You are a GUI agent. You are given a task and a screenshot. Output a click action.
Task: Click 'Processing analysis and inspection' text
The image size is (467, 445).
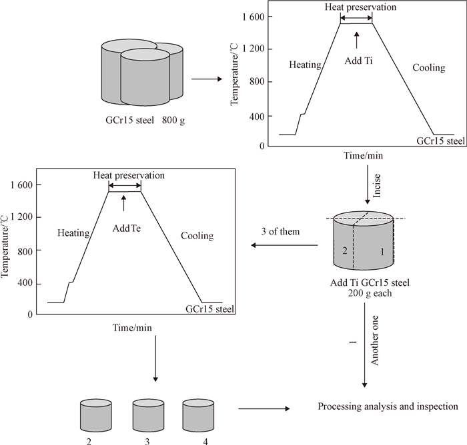coord(388,406)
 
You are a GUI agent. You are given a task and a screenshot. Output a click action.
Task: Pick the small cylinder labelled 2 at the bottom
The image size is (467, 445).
coord(96,414)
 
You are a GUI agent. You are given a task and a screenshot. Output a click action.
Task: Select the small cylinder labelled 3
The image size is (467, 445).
coord(148,414)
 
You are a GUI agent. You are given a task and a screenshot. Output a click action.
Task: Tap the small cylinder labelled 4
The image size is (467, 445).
coord(199,414)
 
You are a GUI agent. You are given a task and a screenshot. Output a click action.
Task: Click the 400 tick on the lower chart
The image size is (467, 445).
coord(31,284)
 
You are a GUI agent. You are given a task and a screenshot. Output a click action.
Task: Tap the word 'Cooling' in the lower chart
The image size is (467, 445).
coord(197,236)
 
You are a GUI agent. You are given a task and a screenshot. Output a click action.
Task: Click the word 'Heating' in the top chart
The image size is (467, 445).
coord(306,65)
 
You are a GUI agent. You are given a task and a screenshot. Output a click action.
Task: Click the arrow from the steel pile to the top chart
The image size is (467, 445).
coord(206,79)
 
